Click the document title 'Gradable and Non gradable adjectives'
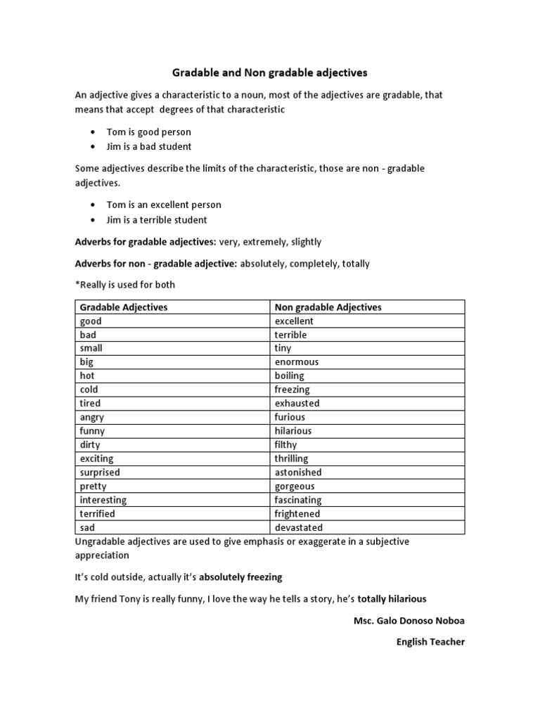pyautogui.click(x=270, y=72)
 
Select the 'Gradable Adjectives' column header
pyautogui.click(x=124, y=307)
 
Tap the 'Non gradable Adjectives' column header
pyautogui.click(x=328, y=307)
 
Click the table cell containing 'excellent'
pyautogui.click(x=294, y=321)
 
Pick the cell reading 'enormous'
pyautogui.click(x=296, y=362)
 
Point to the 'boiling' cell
pyautogui.click(x=289, y=375)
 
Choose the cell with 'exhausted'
pyautogui.click(x=297, y=403)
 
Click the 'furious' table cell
pyautogui.click(x=290, y=417)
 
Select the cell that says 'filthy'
pyautogui.click(x=285, y=444)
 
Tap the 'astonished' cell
pyautogui.click(x=298, y=472)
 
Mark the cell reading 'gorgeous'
pyautogui.click(x=295, y=486)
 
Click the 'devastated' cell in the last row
pyautogui.click(x=298, y=527)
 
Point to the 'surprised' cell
pyautogui.click(x=100, y=472)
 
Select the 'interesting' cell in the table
pyautogui.click(x=103, y=500)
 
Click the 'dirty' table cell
pyautogui.click(x=90, y=444)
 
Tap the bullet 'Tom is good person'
pyautogui.click(x=148, y=132)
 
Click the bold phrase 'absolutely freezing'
pyautogui.click(x=240, y=577)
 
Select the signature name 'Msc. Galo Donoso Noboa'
pyautogui.click(x=409, y=622)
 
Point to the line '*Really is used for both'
pyautogui.click(x=125, y=285)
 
